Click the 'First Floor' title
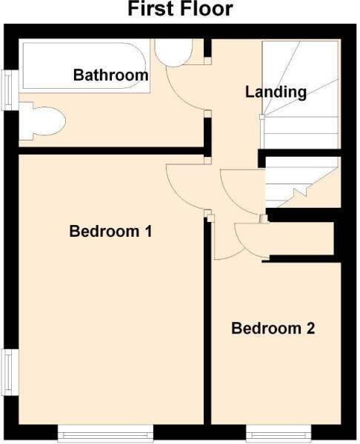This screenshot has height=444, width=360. pyautogui.click(x=180, y=10)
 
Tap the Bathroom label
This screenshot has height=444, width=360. pyautogui.click(x=110, y=75)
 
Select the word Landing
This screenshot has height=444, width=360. pyautogui.click(x=276, y=92)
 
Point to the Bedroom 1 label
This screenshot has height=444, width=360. pyautogui.click(x=110, y=231)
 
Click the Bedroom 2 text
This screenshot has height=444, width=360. pyautogui.click(x=273, y=328)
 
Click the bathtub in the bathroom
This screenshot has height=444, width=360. pyautogui.click(x=85, y=67)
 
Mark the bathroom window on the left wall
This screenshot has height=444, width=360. pyautogui.click(x=8, y=90)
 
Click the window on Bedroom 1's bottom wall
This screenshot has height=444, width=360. pyautogui.click(x=105, y=432)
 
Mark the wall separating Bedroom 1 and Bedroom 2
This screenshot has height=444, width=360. pyautogui.click(x=207, y=333)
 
